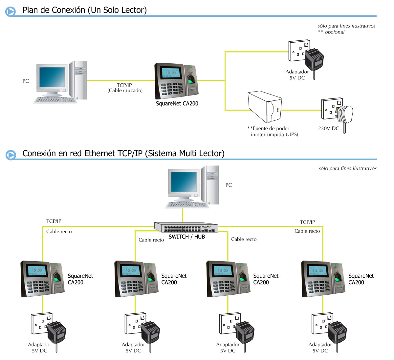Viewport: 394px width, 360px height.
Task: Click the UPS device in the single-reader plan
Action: point(265,107)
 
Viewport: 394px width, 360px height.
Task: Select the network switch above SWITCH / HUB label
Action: point(186,227)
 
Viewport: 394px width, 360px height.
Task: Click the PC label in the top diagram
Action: point(26,81)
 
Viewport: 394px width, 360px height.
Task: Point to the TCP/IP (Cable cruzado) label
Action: point(125,88)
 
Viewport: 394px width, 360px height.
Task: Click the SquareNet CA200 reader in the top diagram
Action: point(177,81)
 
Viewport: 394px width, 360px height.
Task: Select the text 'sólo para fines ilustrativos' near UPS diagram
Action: point(346,26)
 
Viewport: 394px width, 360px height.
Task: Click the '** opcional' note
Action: point(331,32)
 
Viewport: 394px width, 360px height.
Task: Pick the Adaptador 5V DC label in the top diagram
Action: point(297,75)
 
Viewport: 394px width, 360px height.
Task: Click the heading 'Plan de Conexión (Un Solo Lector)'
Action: point(84,10)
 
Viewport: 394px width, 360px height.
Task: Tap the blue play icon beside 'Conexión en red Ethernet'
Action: point(11,155)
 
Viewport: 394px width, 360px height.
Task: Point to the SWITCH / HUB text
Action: point(186,237)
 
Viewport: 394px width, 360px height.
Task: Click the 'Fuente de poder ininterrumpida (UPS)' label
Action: point(273,131)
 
